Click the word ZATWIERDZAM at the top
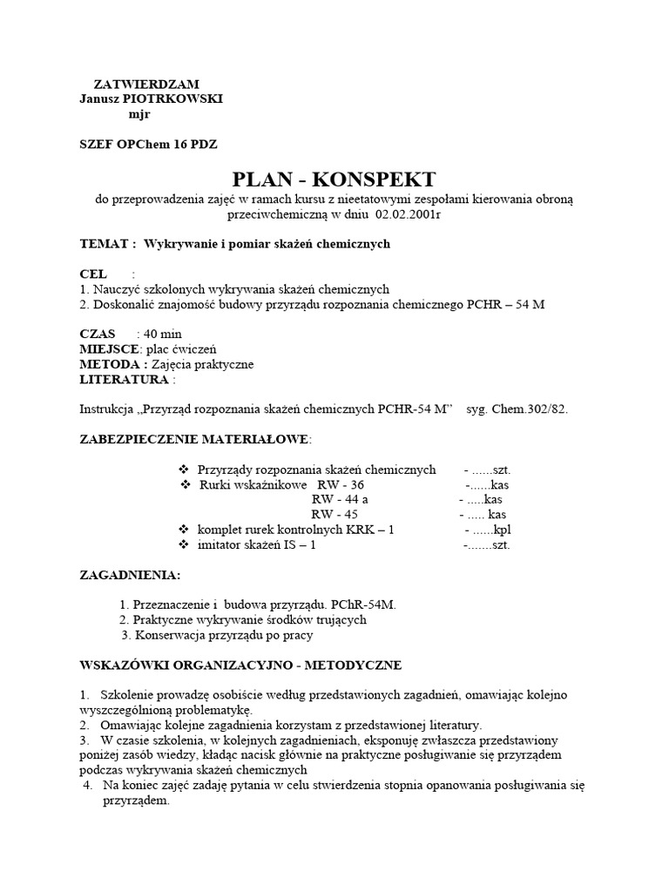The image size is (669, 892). click(146, 85)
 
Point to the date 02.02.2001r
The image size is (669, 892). click(409, 215)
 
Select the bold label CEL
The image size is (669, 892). click(93, 274)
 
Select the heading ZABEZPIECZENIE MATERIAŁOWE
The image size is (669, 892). click(193, 438)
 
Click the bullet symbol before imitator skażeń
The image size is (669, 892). click(183, 544)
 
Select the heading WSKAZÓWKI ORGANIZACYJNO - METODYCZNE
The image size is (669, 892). click(240, 666)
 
